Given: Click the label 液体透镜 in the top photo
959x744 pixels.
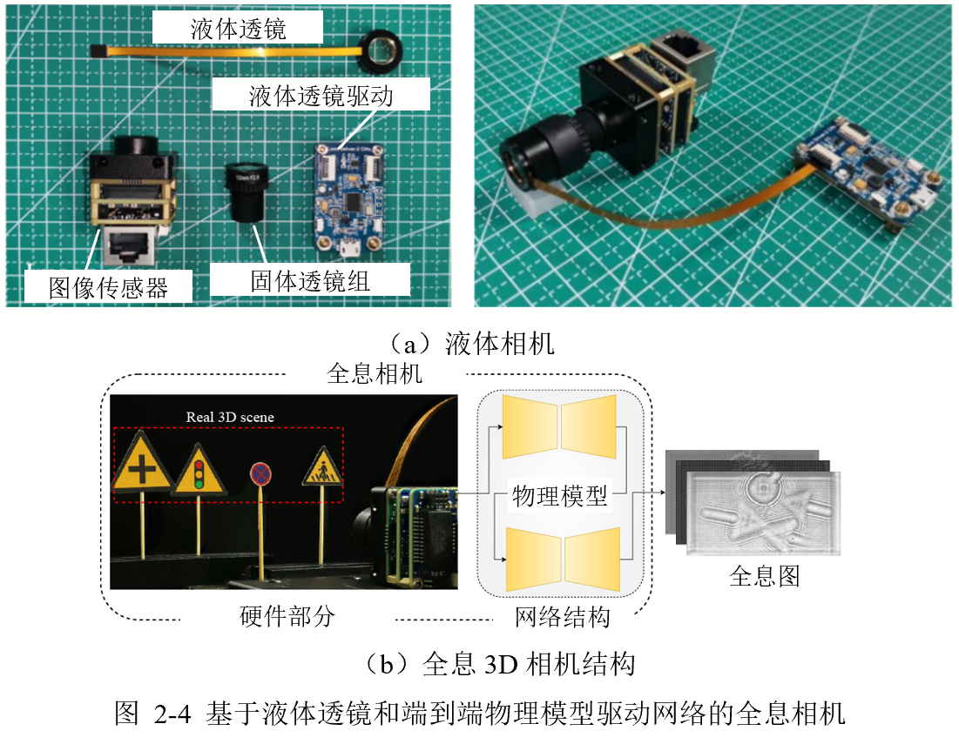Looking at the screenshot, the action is [238, 29].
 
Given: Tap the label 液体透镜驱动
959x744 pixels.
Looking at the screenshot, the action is [321, 96].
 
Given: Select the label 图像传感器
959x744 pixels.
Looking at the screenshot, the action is [108, 288].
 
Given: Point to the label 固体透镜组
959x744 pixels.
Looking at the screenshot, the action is [310, 282].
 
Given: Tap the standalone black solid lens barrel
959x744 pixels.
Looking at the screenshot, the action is [247, 194].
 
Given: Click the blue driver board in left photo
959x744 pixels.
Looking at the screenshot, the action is [349, 198].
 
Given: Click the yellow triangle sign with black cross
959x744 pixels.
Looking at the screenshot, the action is [142, 462].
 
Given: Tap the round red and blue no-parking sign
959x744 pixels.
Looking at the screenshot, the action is [260, 474].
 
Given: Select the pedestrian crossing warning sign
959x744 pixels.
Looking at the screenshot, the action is [321, 468].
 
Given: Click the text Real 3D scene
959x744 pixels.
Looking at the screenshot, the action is [230, 417].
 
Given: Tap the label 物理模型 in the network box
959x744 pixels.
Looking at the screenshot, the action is [559, 495].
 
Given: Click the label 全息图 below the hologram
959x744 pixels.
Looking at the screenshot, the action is [765, 575].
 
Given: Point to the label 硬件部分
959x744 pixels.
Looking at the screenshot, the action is [287, 616].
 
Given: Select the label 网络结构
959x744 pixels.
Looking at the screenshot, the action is [562, 616].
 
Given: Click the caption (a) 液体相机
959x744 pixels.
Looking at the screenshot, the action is [471, 344].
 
